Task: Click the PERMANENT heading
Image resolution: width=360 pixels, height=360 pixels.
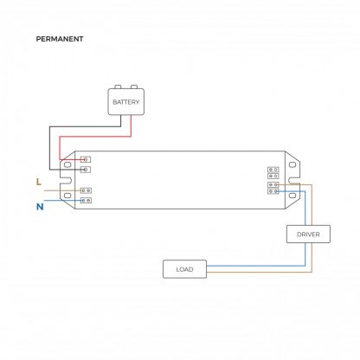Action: [x=60, y=39]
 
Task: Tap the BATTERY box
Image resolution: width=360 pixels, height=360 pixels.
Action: [x=126, y=102]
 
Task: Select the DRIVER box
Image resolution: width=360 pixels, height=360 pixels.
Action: [x=308, y=235]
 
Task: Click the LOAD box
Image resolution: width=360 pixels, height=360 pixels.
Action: [x=184, y=269]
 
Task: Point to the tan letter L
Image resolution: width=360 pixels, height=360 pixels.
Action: [x=39, y=182]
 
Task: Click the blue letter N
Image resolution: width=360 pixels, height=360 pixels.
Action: [x=40, y=207]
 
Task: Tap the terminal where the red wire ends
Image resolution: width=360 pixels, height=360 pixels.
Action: [x=86, y=159]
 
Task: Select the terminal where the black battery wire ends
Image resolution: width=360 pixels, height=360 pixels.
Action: [x=86, y=170]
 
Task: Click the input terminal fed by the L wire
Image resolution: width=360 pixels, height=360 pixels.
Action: [x=86, y=190]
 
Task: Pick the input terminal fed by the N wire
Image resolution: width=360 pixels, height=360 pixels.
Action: [x=86, y=200]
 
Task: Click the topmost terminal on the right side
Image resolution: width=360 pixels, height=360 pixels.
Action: [x=273, y=170]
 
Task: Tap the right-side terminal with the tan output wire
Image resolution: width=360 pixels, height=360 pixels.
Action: [x=273, y=184]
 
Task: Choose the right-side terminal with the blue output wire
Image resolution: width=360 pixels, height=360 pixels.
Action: [x=273, y=191]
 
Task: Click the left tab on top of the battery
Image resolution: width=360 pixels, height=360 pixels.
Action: [x=118, y=87]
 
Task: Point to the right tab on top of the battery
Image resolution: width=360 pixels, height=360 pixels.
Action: [x=134, y=87]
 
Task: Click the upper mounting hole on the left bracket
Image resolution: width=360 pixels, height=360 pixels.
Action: [x=67, y=164]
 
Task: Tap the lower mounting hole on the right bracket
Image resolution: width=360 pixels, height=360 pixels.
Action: [x=292, y=196]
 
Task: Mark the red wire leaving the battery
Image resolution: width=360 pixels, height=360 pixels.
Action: [x=95, y=137]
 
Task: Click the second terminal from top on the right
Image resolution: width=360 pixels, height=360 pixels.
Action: [x=273, y=176]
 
